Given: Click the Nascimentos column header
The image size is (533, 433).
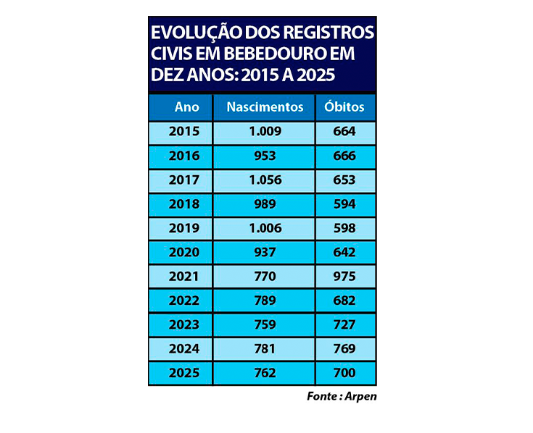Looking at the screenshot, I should tap(265, 107).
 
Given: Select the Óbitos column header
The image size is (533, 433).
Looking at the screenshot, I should tap(344, 107).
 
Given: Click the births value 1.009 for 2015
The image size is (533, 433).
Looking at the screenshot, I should tap(265, 132).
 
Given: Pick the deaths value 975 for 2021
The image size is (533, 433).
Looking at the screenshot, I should tap(344, 276).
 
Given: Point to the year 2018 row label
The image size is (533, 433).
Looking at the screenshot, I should tap(183, 204).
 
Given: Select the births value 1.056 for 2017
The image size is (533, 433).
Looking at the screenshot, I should tap(265, 180).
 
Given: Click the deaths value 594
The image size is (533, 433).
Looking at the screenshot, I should tap(344, 204).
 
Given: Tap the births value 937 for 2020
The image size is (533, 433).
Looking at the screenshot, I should tap(265, 252).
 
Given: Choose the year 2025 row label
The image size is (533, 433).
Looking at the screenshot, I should tap(183, 373).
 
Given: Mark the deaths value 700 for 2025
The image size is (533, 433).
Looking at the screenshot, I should tap(344, 373).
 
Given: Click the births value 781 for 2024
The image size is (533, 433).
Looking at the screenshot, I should tap(265, 348).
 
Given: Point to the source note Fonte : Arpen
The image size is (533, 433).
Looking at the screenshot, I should tap(342, 396).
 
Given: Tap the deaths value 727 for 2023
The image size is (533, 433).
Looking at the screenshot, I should tap(344, 324).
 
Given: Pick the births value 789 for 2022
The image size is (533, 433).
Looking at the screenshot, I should tap(265, 300).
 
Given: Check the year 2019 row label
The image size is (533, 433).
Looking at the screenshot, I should tap(183, 228).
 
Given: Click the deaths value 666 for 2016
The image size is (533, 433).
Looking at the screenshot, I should tap(344, 156).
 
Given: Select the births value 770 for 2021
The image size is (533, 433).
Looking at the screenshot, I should tap(265, 276).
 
